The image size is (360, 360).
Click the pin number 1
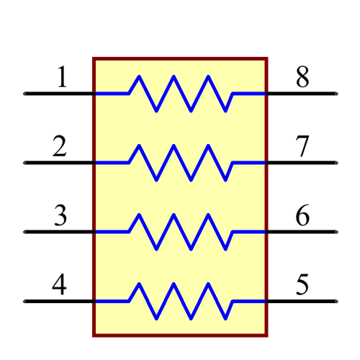tap(62, 78)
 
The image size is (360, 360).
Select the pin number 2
tap(60, 147)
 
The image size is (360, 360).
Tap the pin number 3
tap(60, 216)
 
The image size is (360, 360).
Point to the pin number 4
tap(60, 285)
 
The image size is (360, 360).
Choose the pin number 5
tap(303, 285)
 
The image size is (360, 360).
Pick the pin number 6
tap(303, 216)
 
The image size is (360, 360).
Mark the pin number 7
tap(303, 147)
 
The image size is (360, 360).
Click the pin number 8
tap(303, 78)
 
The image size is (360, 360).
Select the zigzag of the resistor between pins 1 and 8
tap(180, 93)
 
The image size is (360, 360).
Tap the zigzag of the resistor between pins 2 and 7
tap(180, 162)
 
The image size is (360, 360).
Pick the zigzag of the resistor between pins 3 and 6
tap(180, 231)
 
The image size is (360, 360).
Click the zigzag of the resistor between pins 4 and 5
tap(180, 300)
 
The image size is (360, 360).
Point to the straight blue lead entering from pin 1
tap(112, 93)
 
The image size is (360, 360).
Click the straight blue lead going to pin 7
tap(249, 163)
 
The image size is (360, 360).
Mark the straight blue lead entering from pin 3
tap(112, 231)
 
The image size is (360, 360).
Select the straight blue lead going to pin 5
tap(249, 301)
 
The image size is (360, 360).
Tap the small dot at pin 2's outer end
tap(24, 163)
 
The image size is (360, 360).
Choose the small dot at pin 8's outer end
tap(336, 94)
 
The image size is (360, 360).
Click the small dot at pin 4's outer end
tap(24, 301)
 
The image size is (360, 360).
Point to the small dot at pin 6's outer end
tap(336, 232)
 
